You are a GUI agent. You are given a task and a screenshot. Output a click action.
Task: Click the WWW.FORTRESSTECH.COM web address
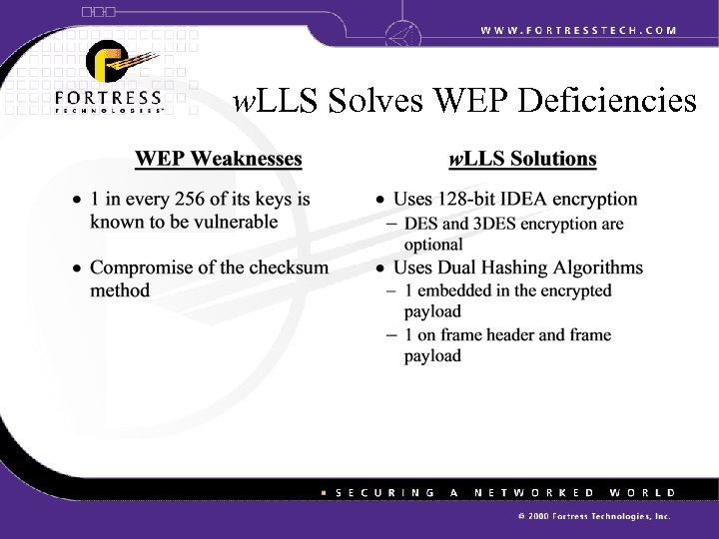click(x=578, y=30)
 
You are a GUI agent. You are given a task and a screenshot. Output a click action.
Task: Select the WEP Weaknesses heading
click(x=218, y=158)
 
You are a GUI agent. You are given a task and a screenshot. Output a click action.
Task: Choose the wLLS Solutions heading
click(x=522, y=158)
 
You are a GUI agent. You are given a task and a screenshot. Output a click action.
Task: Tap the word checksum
click(x=292, y=268)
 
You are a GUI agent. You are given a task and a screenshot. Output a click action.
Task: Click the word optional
click(x=433, y=244)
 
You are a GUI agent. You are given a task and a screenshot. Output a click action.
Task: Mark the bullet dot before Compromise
click(x=77, y=268)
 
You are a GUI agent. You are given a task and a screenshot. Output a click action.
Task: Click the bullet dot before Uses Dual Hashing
click(x=380, y=268)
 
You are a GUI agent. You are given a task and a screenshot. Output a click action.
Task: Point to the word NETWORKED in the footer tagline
click(x=535, y=493)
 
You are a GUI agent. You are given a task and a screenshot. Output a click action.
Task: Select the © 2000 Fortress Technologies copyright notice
click(x=594, y=518)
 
